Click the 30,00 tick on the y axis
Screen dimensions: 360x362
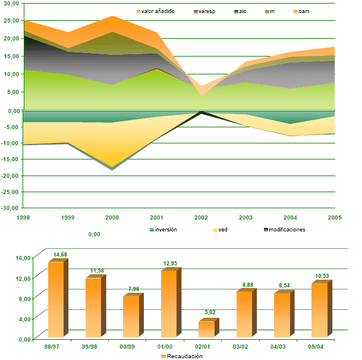[11, 4]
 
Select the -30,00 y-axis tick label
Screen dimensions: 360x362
[10, 208]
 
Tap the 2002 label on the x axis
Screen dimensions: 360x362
[201, 218]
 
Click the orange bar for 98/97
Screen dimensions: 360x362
[56, 300]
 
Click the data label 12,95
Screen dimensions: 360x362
[171, 264]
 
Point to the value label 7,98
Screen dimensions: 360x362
[133, 290]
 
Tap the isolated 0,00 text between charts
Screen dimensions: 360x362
[94, 234]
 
